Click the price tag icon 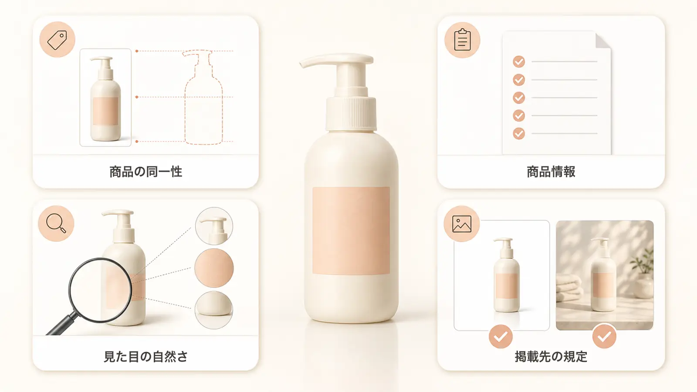pos(57,40)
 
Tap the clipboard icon pos(462,40)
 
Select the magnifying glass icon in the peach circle pos(56,223)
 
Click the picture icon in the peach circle pos(462,224)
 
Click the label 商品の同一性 pos(145,172)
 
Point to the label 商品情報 pos(551,172)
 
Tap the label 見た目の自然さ pos(145,357)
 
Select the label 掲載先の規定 pos(551,357)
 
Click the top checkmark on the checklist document pos(519,61)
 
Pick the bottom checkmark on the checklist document pos(519,133)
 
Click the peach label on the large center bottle pos(351,230)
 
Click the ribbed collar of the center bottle pos(351,113)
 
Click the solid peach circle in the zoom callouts pos(214,268)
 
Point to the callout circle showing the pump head pos(214,226)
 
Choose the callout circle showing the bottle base pos(214,310)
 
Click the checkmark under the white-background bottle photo pos(501,336)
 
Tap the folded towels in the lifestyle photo pos(569,290)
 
